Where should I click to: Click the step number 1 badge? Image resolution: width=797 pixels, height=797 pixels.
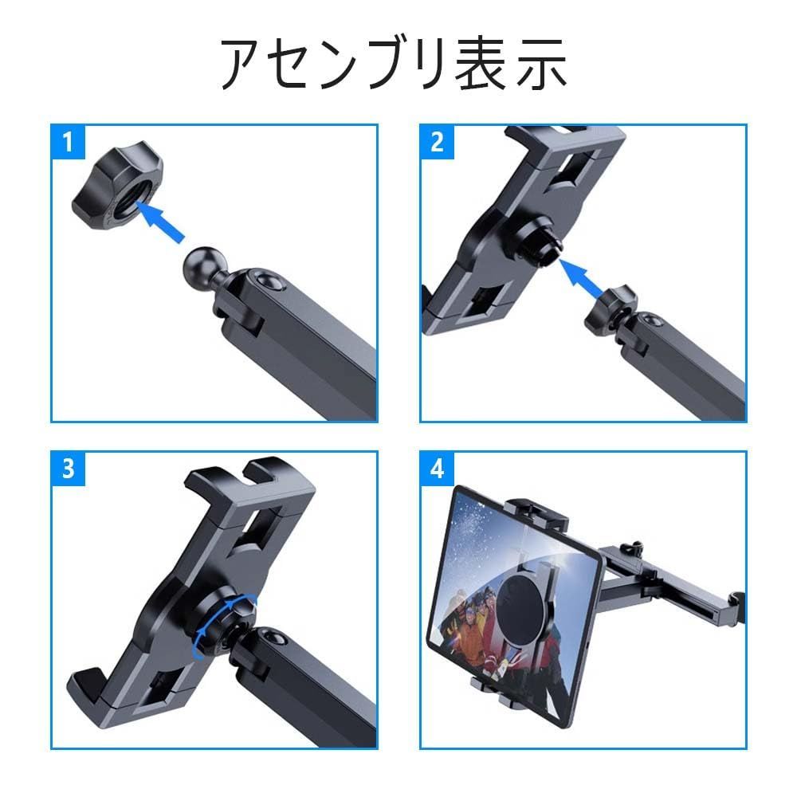(x=68, y=142)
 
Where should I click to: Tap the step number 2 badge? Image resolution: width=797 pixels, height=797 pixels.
(x=437, y=142)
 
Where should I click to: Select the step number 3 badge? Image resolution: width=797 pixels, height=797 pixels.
(x=68, y=469)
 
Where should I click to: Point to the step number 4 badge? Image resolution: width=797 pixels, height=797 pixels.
(x=437, y=469)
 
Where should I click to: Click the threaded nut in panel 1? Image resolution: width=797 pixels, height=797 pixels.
(x=117, y=186)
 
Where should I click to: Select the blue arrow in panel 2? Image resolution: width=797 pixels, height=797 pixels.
(x=581, y=277)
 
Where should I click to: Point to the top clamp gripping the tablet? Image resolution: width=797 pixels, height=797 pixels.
(x=536, y=514)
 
